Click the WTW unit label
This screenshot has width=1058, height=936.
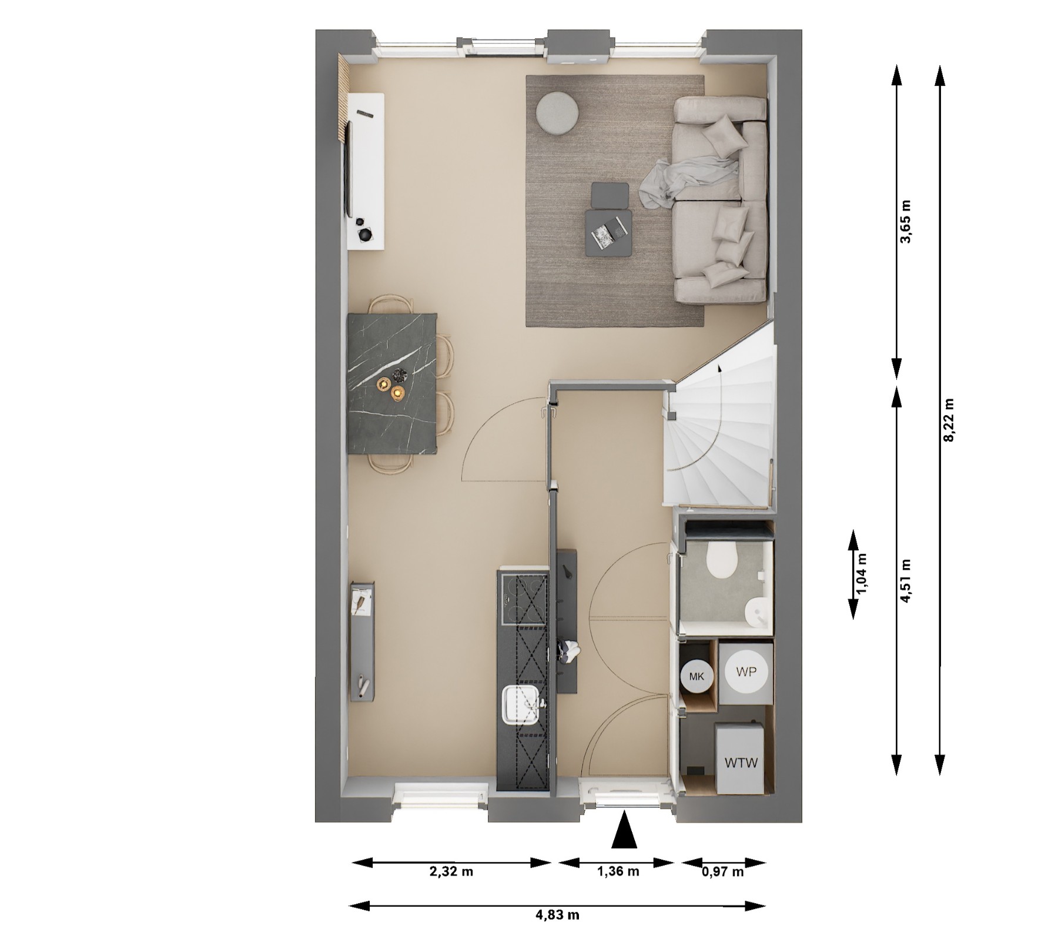pyautogui.click(x=741, y=763)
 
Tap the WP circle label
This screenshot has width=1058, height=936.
pyautogui.click(x=746, y=671)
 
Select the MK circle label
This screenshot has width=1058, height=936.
pyautogui.click(x=697, y=676)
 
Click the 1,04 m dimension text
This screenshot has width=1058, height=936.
pyautogui.click(x=862, y=574)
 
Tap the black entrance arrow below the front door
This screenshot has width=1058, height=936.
pyautogui.click(x=624, y=830)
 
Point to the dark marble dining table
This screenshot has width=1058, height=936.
pyautogui.click(x=393, y=383)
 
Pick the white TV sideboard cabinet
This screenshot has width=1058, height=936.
pyautogui.click(x=366, y=171)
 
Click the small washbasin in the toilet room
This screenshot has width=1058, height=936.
pyautogui.click(x=754, y=613)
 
